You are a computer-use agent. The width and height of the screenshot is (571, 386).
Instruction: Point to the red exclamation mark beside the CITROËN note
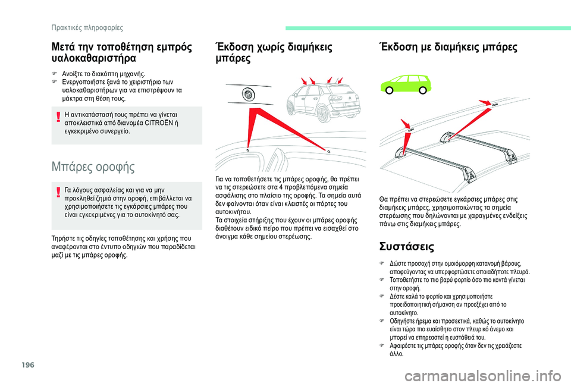pyautogui.click(x=58, y=117)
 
